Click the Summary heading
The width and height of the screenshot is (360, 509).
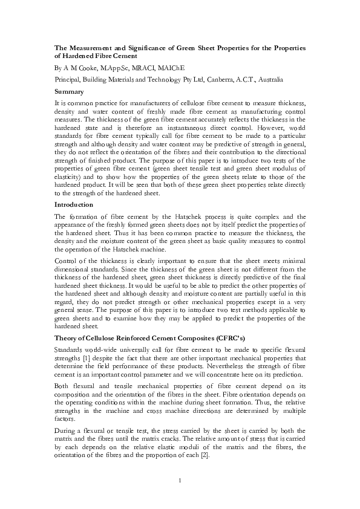point(70,91)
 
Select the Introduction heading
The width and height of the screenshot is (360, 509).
point(75,204)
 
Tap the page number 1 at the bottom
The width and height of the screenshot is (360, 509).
point(180,481)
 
